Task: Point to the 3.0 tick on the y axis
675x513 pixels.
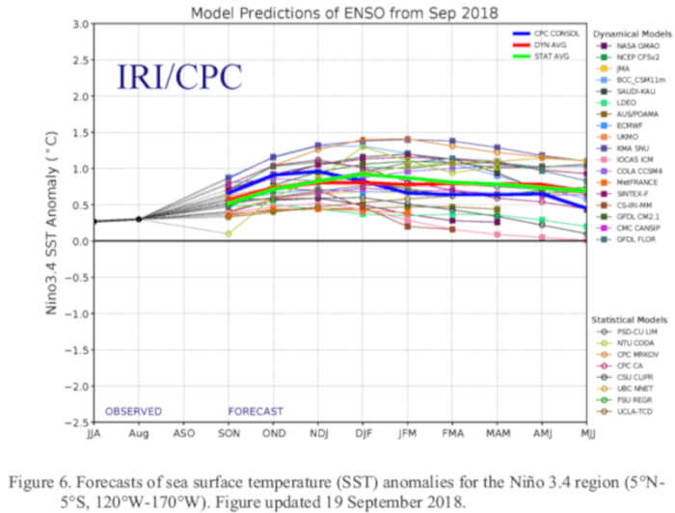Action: coord(78,22)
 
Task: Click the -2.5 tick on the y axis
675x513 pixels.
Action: coord(75,422)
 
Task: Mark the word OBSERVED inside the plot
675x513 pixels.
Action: coord(133,410)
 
